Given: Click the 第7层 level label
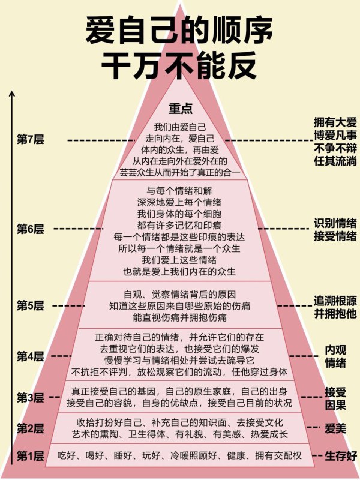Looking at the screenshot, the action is pos(31,140).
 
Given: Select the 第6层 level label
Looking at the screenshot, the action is pos(31,229).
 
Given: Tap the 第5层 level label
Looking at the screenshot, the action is pos(31,305).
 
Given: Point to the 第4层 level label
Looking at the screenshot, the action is pos(31,356).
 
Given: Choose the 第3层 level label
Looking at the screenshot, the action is pos(31,398).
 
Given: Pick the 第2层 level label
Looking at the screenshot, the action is pos(31,428).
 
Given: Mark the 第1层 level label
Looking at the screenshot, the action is pos(31,456).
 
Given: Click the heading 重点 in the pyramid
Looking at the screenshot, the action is pos(181,109).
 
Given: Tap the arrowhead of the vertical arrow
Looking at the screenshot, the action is pos(12,94).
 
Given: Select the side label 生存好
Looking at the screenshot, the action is pos(341,456).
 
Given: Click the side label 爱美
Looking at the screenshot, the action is pos(335,428).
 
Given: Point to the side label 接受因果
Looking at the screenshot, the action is pos(335,398).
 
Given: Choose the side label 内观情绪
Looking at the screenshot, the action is pos(335,356).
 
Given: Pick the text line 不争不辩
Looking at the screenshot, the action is pos(335,148).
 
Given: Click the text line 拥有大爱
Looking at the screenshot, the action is pos(335,122).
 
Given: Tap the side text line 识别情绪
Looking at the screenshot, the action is pos(335,223).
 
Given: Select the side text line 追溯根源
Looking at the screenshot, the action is pos(335,301).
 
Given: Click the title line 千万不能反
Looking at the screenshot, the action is pos(179,65).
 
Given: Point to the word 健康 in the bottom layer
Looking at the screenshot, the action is pos(236,455).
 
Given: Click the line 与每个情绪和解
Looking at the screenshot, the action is pos(179,191).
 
